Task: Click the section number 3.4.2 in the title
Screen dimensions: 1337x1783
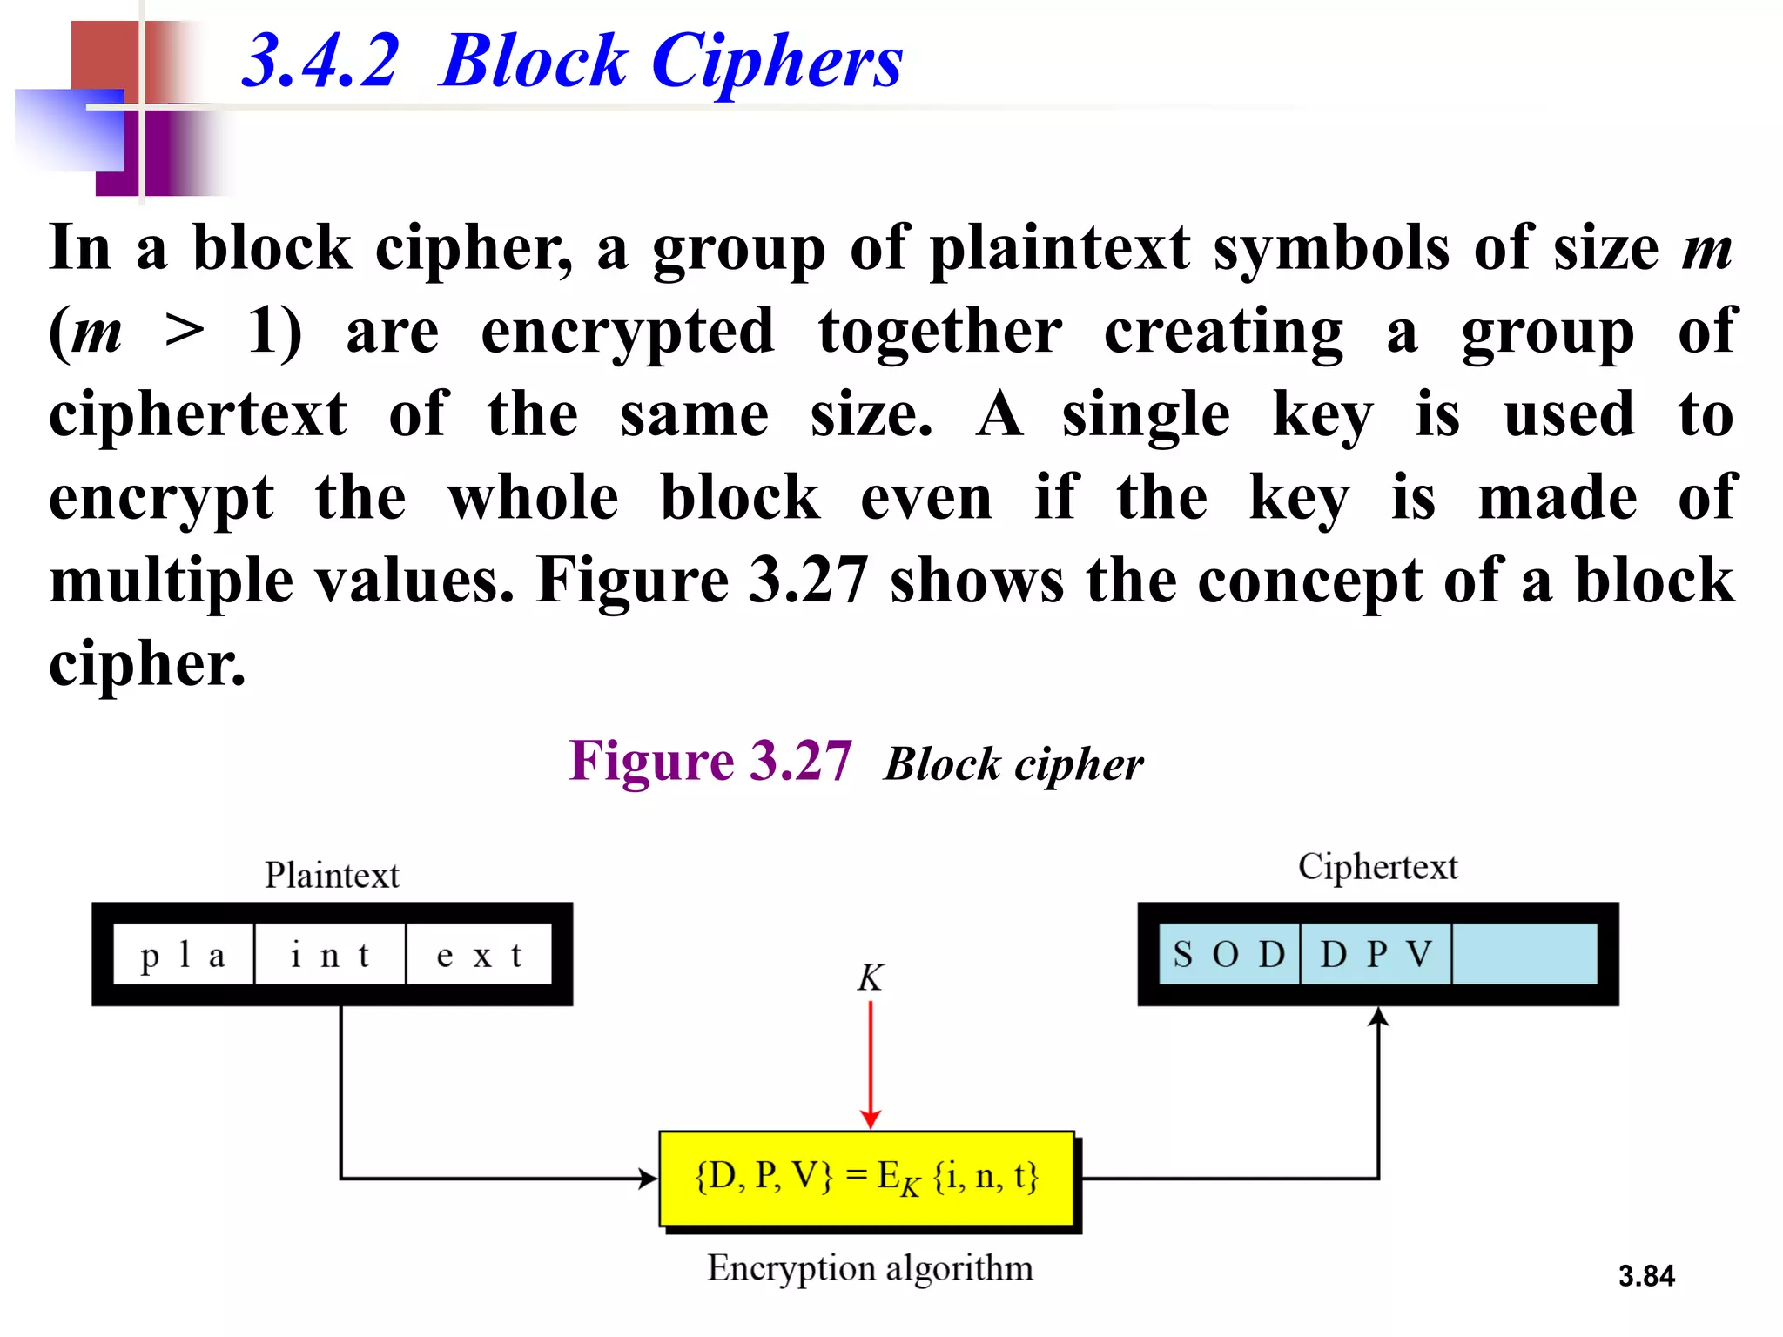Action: tap(320, 61)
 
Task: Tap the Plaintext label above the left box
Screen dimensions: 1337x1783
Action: tap(332, 875)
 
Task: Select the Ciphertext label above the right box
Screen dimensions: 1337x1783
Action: tap(1377, 867)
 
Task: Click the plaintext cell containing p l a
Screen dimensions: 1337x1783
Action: tap(184, 955)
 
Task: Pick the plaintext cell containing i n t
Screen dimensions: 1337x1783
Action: tap(330, 955)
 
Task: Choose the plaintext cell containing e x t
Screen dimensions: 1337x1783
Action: tap(479, 955)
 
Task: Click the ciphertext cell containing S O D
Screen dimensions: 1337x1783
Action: tap(1228, 955)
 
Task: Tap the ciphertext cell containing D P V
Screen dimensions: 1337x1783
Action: tap(1376, 955)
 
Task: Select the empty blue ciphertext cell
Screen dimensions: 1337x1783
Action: tap(1524, 955)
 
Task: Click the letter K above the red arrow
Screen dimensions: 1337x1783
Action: tap(870, 978)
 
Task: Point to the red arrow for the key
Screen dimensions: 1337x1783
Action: tap(871, 1062)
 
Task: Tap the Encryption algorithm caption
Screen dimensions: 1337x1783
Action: tap(870, 1268)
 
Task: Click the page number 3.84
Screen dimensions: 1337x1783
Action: tap(1645, 1276)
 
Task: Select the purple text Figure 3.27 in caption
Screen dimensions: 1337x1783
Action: tap(710, 762)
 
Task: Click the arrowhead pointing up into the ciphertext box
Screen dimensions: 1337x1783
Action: tap(1378, 1017)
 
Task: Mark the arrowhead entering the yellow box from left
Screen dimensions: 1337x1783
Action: tap(648, 1179)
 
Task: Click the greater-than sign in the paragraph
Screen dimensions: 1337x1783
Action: tap(185, 332)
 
